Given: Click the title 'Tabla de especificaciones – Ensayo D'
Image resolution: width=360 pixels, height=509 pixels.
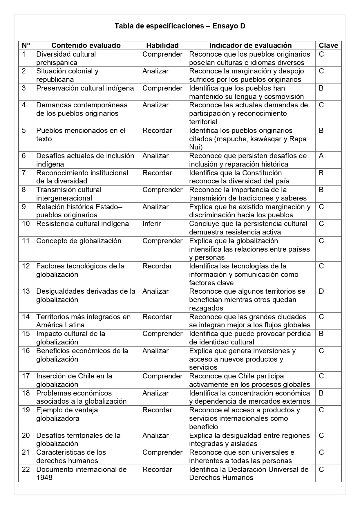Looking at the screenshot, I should coord(180,26).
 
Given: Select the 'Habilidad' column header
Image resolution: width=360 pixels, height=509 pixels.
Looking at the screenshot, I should coord(162,45).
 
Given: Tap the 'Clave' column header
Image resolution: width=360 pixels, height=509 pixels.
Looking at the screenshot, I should coord(328,45).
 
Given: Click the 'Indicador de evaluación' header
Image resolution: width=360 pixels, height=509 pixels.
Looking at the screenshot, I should coord(250,45).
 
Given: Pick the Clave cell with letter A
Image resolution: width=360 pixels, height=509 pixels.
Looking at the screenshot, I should coord(321,156).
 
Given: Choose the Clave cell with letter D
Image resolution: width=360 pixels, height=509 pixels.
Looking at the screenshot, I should coord(321,291).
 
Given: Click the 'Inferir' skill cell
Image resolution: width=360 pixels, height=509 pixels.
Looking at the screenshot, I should coord(151,224).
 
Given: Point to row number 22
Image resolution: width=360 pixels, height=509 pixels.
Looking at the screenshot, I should coord(26,470).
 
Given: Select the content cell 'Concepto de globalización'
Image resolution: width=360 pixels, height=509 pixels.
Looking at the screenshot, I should coord(79,241).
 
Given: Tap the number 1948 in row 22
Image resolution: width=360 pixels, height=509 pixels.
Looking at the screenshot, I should coord(44,478).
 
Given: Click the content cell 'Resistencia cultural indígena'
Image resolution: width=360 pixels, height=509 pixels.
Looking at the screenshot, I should coord(82,224).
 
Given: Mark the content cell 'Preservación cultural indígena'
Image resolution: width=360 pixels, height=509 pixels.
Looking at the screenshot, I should coord(85,88).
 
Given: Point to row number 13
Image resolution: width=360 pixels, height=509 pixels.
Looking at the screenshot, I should coord(26,291).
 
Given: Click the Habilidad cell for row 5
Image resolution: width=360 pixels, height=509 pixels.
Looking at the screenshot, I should coord(157,131).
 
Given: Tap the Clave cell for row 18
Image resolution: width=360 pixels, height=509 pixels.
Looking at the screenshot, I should coord(321,393).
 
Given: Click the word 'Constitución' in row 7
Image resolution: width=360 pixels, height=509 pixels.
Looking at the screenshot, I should coord(262,173).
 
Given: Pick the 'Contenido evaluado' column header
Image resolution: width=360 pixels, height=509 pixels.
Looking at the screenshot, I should coord(86,45).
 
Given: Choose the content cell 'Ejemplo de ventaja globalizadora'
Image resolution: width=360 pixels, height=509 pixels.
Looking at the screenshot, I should coord(67,414).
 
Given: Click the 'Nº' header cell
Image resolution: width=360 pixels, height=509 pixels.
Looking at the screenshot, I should coord(26,45).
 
